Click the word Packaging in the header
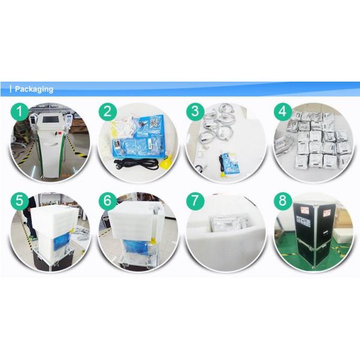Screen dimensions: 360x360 pos(34,89)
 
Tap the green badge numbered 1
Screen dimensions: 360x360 pos(20,112)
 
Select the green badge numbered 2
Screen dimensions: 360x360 pos(107,112)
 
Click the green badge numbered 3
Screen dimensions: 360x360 pos(195,112)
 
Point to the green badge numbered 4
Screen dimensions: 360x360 pos(283,112)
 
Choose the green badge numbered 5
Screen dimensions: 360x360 pos(20,201)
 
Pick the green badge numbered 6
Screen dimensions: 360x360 pos(107,201)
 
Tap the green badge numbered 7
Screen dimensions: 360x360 pos(195,201)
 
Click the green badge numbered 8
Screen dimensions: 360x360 pos(283,201)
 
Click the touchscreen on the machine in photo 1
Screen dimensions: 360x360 pos(50,119)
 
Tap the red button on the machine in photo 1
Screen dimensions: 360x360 pos(61,133)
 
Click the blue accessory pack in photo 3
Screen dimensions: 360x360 pos(230,163)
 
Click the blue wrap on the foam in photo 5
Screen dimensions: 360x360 pos(62,241)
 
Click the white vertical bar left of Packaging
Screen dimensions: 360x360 pos(11,89)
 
